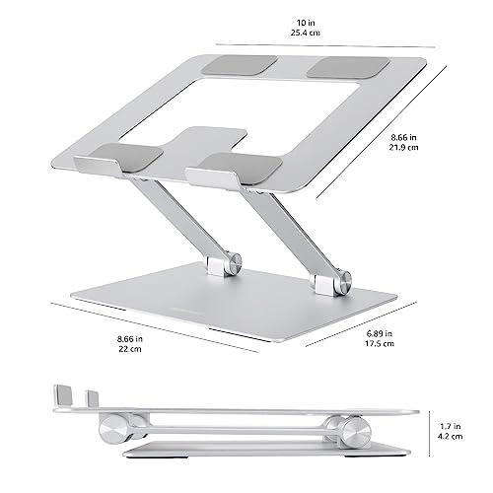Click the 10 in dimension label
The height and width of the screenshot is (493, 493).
(x=315, y=21)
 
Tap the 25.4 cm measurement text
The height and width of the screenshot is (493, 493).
(x=315, y=33)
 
